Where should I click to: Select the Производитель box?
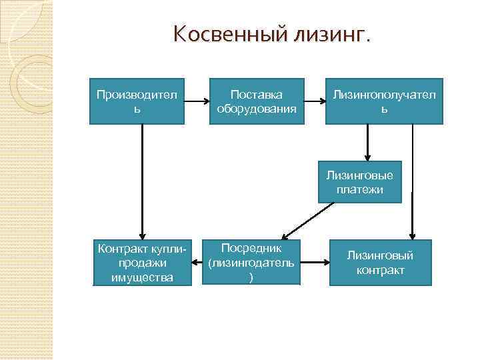tap(137, 101)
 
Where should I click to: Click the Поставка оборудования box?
tap(257, 101)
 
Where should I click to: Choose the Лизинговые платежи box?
tap(360, 181)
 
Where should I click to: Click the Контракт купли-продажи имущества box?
tap(142, 262)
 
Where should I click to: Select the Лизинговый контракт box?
tap(380, 262)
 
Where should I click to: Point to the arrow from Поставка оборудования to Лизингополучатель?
tap(315, 102)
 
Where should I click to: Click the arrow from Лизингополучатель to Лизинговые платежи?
tap(367, 143)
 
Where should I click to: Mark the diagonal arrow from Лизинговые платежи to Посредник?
tap(307, 220)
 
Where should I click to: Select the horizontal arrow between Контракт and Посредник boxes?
tap(197, 262)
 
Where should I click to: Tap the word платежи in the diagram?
tap(360, 189)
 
